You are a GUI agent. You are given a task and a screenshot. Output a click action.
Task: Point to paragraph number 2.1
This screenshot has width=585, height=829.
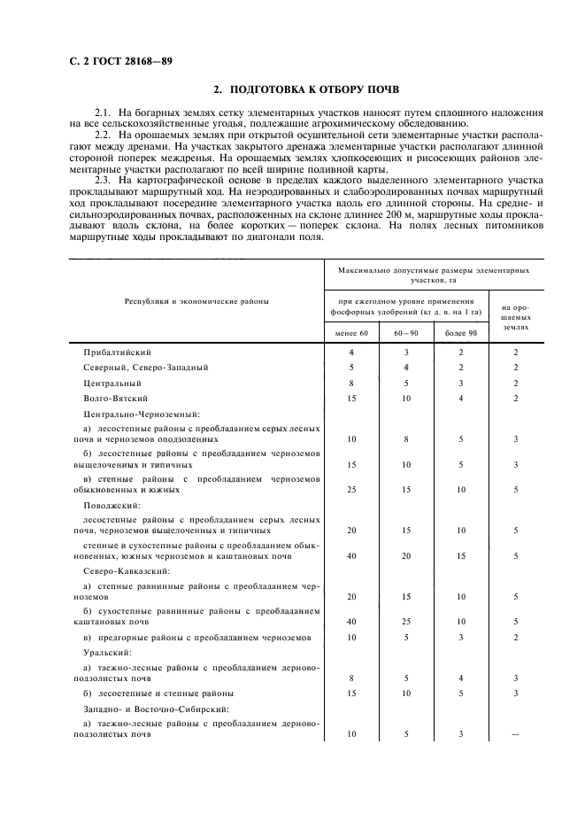(x=104, y=112)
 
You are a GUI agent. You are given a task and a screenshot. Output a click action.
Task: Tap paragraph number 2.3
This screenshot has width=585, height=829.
(x=104, y=181)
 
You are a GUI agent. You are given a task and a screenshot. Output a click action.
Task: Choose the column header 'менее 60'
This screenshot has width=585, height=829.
(x=351, y=332)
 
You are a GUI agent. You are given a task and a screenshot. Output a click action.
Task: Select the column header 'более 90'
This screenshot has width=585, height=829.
(x=461, y=332)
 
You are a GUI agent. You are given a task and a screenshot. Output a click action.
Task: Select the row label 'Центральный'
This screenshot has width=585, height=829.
(x=112, y=383)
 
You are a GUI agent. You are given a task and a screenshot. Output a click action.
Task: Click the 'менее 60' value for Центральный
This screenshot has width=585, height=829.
(x=351, y=383)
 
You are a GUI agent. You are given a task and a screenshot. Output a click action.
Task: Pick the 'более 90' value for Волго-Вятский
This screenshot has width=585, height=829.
(x=461, y=399)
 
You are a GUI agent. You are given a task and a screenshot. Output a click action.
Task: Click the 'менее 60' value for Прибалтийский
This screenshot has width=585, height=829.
(x=351, y=352)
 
